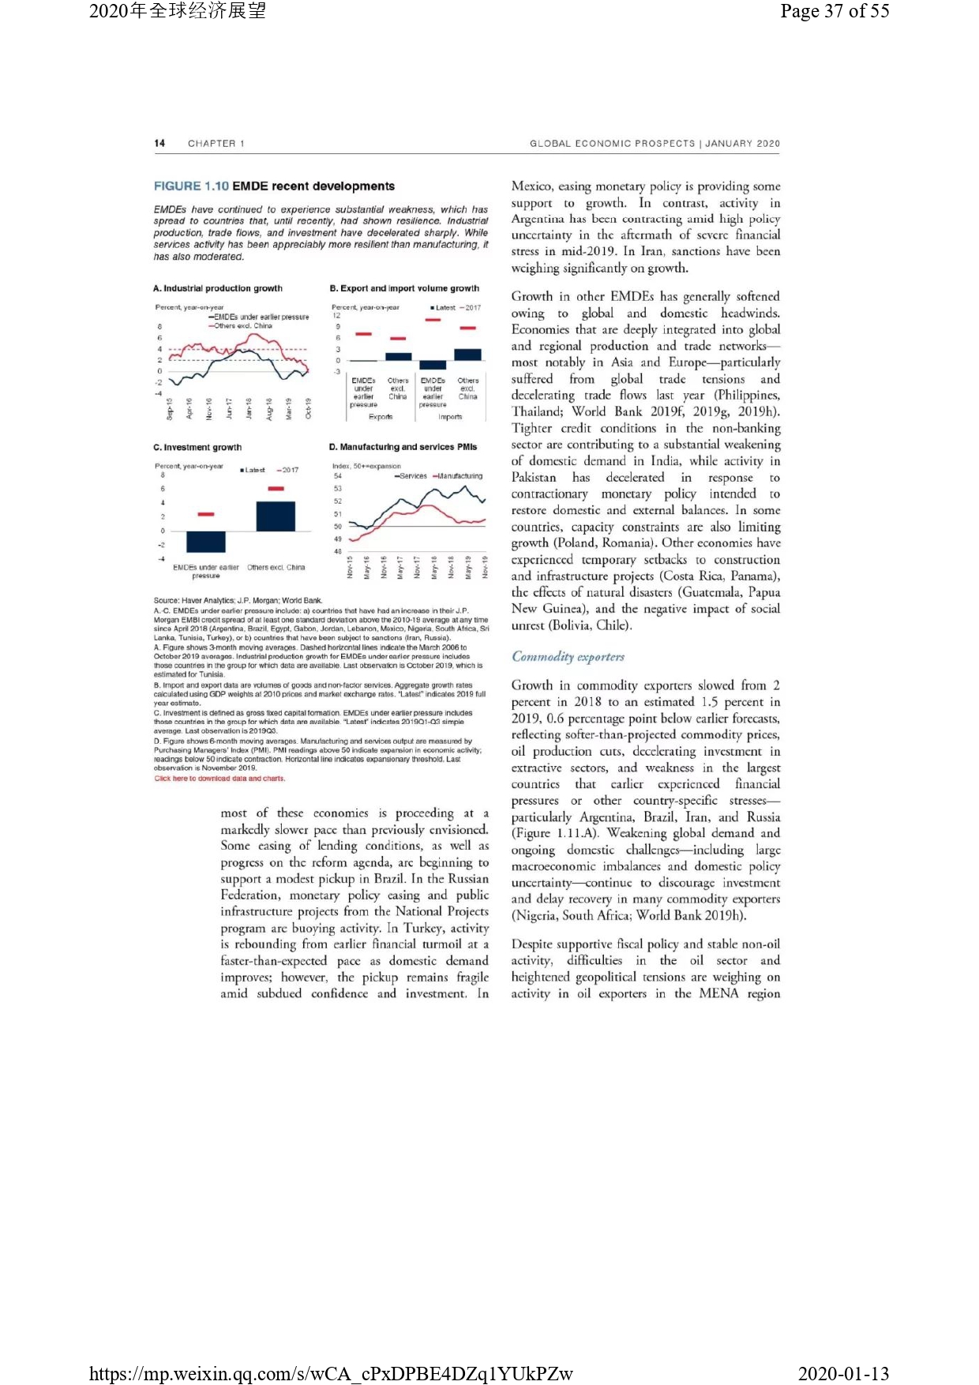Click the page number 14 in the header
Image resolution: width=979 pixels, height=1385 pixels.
tap(159, 143)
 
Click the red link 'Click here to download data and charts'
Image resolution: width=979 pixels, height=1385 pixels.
tap(219, 779)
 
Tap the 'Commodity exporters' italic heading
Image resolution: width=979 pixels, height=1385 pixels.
tap(568, 656)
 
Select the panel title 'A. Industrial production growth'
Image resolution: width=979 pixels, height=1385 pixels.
tap(218, 288)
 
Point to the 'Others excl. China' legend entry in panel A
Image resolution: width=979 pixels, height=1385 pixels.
tap(242, 325)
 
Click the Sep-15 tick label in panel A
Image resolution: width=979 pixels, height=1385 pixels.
tap(170, 408)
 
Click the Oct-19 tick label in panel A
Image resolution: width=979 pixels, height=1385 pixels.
tap(309, 408)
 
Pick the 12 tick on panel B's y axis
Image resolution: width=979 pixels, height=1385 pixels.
tap(337, 316)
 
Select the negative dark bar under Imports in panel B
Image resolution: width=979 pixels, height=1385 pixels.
tap(433, 365)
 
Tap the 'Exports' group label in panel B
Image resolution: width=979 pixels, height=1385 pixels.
tap(381, 416)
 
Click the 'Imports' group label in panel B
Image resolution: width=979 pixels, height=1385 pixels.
tap(450, 416)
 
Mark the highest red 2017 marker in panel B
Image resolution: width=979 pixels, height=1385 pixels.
tap(433, 320)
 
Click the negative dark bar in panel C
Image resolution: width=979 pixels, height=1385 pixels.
tap(206, 542)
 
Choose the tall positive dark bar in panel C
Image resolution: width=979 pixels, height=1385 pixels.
tap(276, 516)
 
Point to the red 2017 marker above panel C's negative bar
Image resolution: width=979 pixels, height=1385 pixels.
tap(206, 514)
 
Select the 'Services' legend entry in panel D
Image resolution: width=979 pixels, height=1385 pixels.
tap(412, 476)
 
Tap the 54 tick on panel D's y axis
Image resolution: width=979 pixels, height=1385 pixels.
tap(338, 476)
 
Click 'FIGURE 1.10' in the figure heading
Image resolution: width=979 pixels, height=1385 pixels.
tap(191, 186)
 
